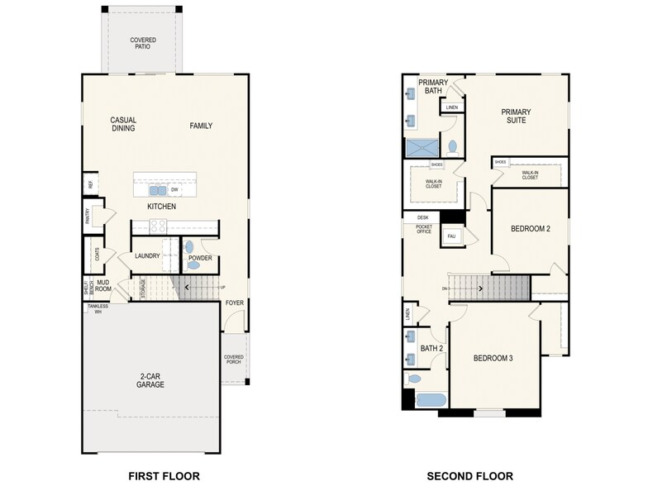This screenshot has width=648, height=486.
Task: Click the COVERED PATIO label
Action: tap(142, 44)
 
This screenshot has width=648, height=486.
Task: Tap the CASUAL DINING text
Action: tap(123, 124)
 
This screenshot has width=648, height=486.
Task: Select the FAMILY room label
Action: tap(201, 126)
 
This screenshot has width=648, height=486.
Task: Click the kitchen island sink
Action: tap(157, 189)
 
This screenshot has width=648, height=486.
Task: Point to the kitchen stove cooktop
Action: tap(158, 226)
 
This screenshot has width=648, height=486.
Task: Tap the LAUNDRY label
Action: tap(147, 256)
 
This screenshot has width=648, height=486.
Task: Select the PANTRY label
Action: tap(88, 216)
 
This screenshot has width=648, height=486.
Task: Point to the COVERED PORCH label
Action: tap(234, 360)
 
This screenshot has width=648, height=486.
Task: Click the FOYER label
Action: tap(235, 303)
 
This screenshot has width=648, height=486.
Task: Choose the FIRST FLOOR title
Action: tap(164, 475)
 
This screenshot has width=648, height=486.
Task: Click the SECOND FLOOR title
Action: tap(469, 475)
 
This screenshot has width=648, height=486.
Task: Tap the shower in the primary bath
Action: tap(423, 148)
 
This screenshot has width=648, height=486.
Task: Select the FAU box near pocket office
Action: tap(451, 236)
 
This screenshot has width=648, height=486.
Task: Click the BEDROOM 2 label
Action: tap(530, 229)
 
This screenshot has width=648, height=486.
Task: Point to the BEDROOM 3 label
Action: tap(493, 358)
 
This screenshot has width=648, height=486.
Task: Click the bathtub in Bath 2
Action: tap(429, 400)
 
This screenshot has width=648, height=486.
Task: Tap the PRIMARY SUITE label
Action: tap(515, 117)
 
